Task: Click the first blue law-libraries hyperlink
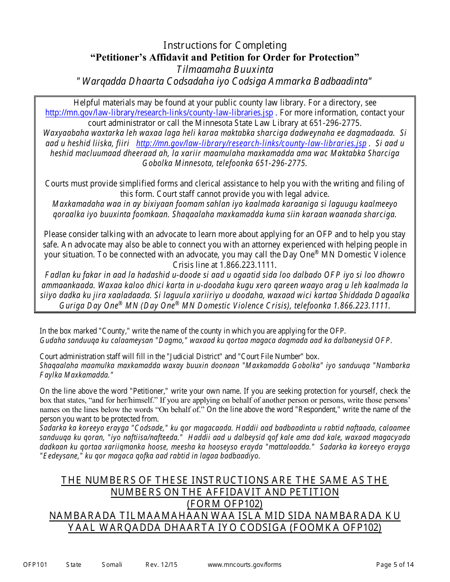click(159, 113)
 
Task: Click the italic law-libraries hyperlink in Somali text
click(251, 143)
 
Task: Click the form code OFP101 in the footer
click(35, 564)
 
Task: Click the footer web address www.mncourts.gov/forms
click(244, 564)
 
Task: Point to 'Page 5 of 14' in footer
click(395, 564)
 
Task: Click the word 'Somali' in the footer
click(112, 564)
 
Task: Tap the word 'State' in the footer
click(73, 564)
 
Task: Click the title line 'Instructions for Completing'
click(225, 45)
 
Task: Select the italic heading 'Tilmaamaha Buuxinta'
click(225, 70)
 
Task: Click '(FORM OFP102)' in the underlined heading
click(225, 504)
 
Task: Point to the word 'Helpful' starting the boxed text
click(88, 103)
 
